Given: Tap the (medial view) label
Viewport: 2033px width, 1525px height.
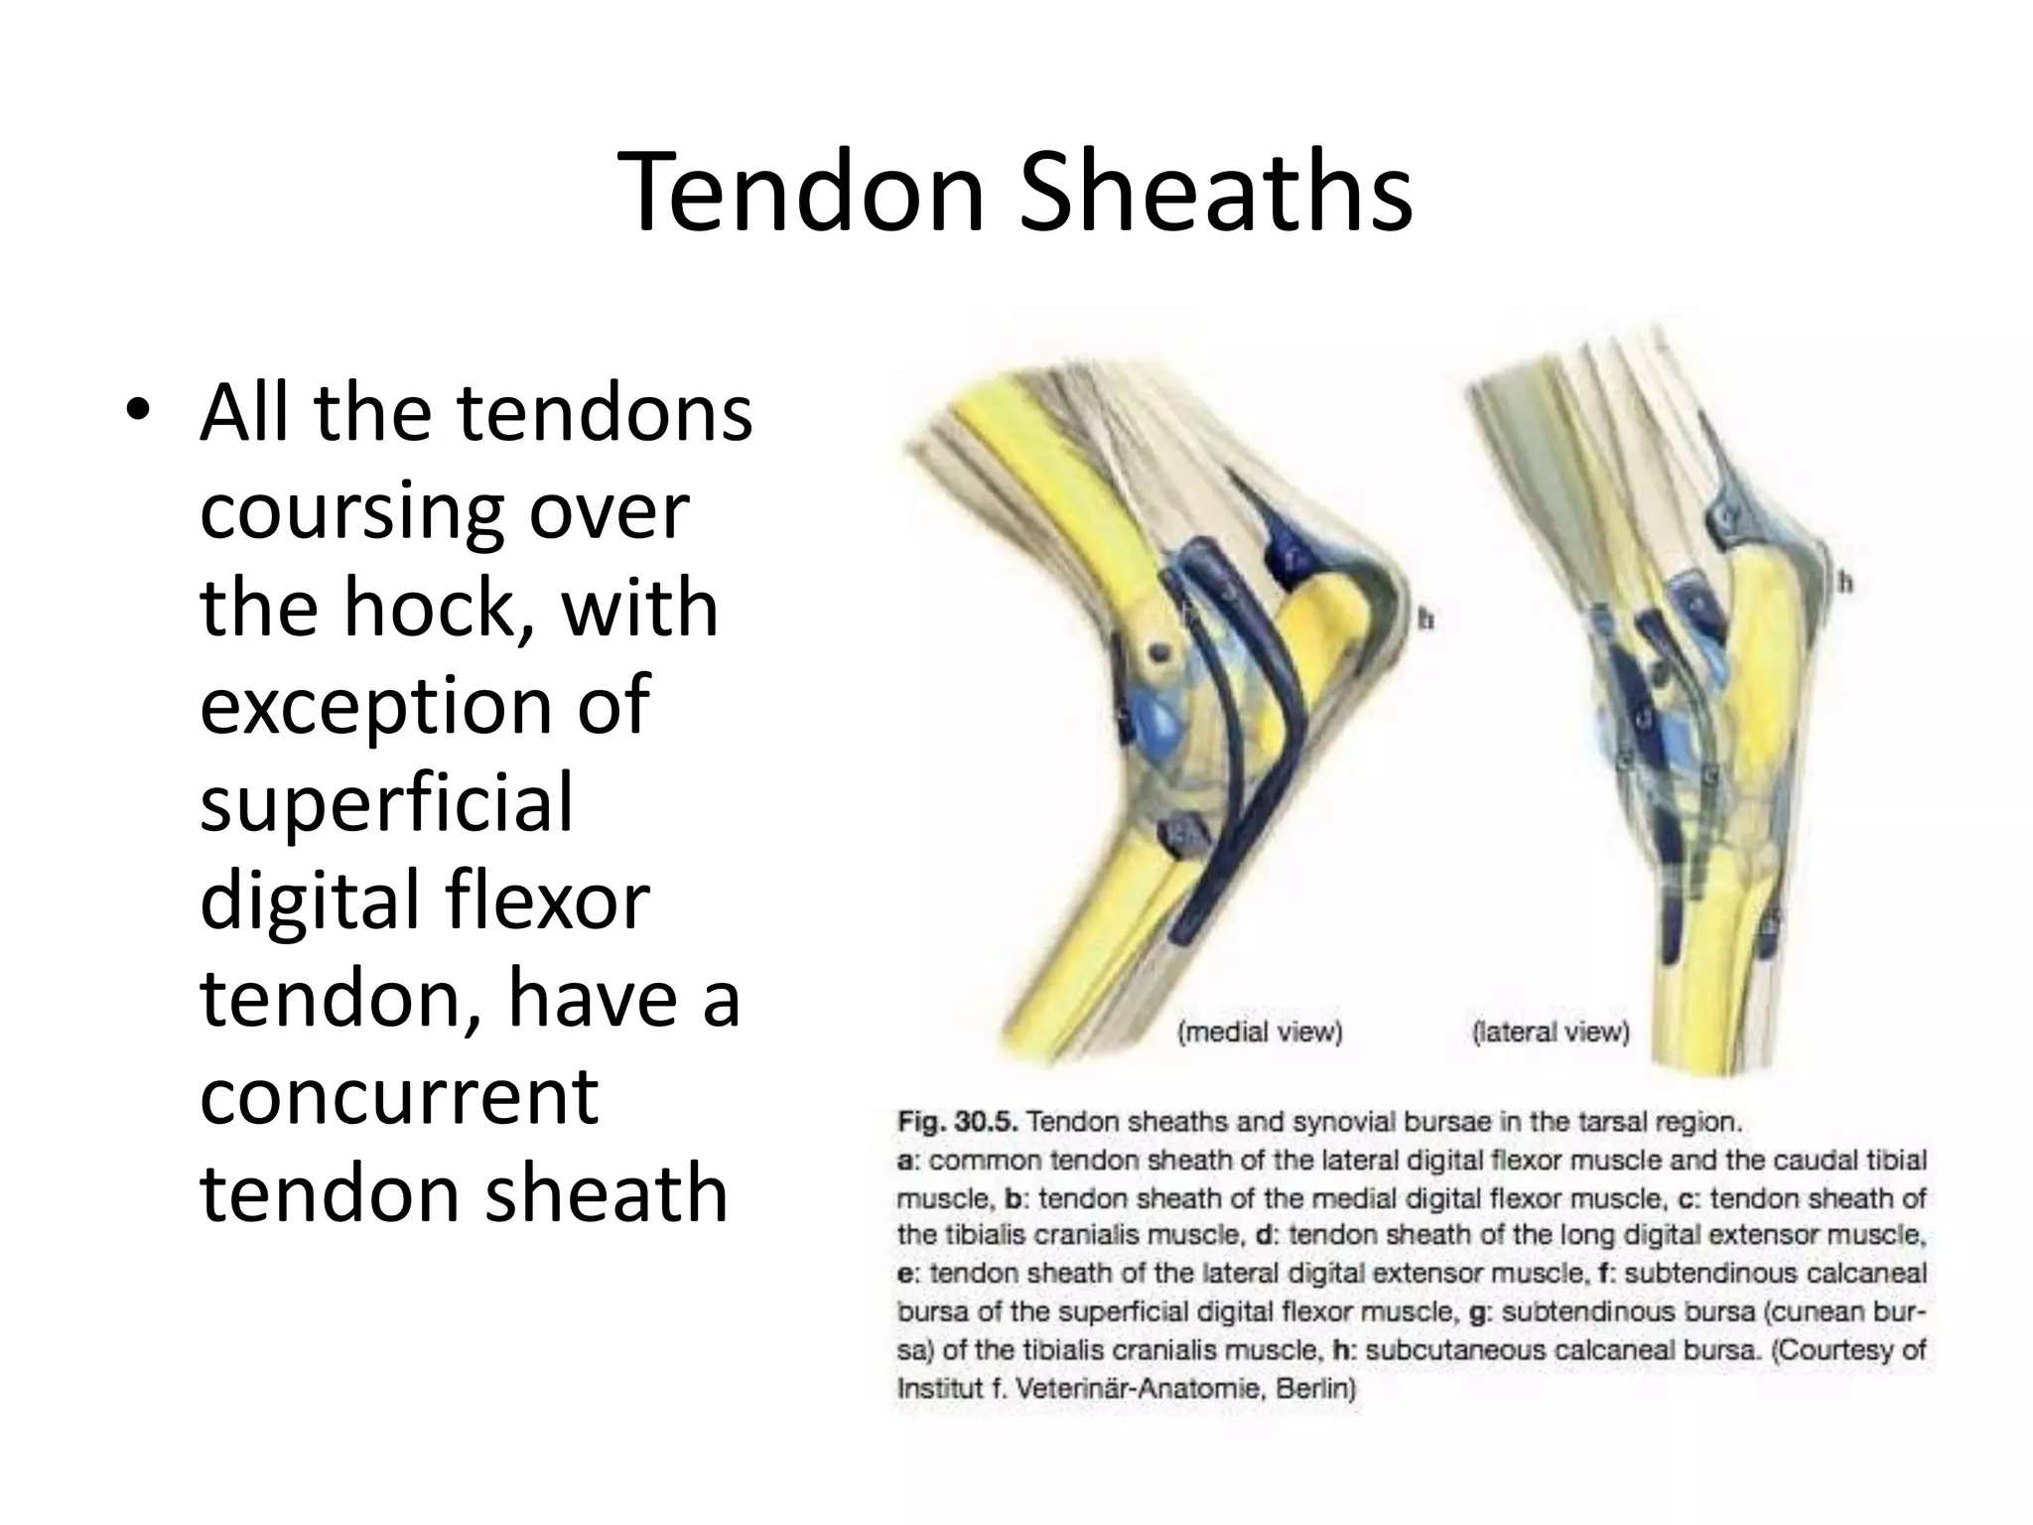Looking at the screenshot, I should coord(1259,1033).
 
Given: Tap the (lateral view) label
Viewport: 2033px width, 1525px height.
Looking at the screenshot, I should coord(1551,1033).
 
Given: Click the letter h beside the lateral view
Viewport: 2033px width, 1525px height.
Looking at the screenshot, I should coord(1844,582).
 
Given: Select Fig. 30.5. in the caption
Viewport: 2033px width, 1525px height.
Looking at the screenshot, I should coord(956,1123).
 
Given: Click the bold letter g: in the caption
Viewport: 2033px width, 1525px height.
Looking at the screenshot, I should coord(1481,1313).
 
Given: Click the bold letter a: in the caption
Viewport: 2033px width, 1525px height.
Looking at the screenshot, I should coord(909,1161).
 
